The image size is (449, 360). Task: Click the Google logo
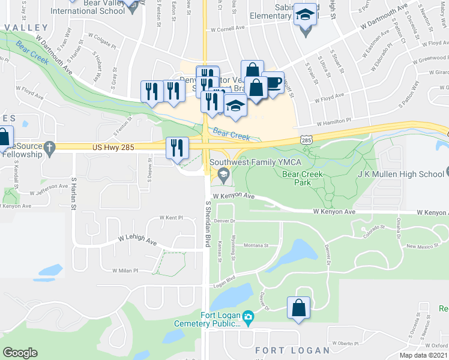pos(20,353)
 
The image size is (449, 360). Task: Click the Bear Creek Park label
pos(303,178)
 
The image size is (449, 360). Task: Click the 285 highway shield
pos(307,139)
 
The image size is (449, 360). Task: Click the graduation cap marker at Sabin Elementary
pos(305,15)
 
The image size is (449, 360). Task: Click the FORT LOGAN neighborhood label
pos(292,350)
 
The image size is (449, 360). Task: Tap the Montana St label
pos(255,246)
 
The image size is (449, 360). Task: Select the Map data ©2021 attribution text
pos(423,355)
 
